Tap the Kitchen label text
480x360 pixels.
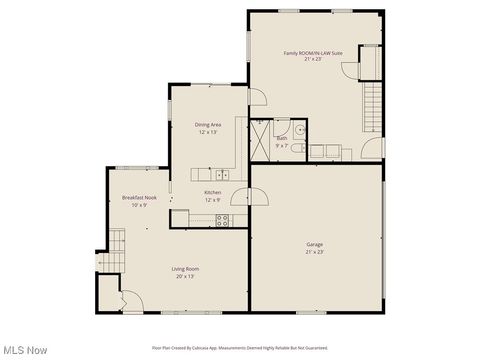coord(213,192)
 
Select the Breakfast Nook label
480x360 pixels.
coord(139,198)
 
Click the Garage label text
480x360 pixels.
coord(314,244)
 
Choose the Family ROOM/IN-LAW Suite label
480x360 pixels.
coord(313,52)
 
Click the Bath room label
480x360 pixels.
coord(282,138)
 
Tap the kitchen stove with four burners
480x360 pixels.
coord(223,221)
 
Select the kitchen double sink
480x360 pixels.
coord(222,175)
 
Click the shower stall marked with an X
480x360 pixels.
coord(260,139)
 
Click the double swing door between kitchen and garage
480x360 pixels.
coord(258,196)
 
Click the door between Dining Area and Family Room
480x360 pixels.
coord(256,96)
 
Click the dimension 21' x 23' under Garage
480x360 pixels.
coord(314,252)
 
